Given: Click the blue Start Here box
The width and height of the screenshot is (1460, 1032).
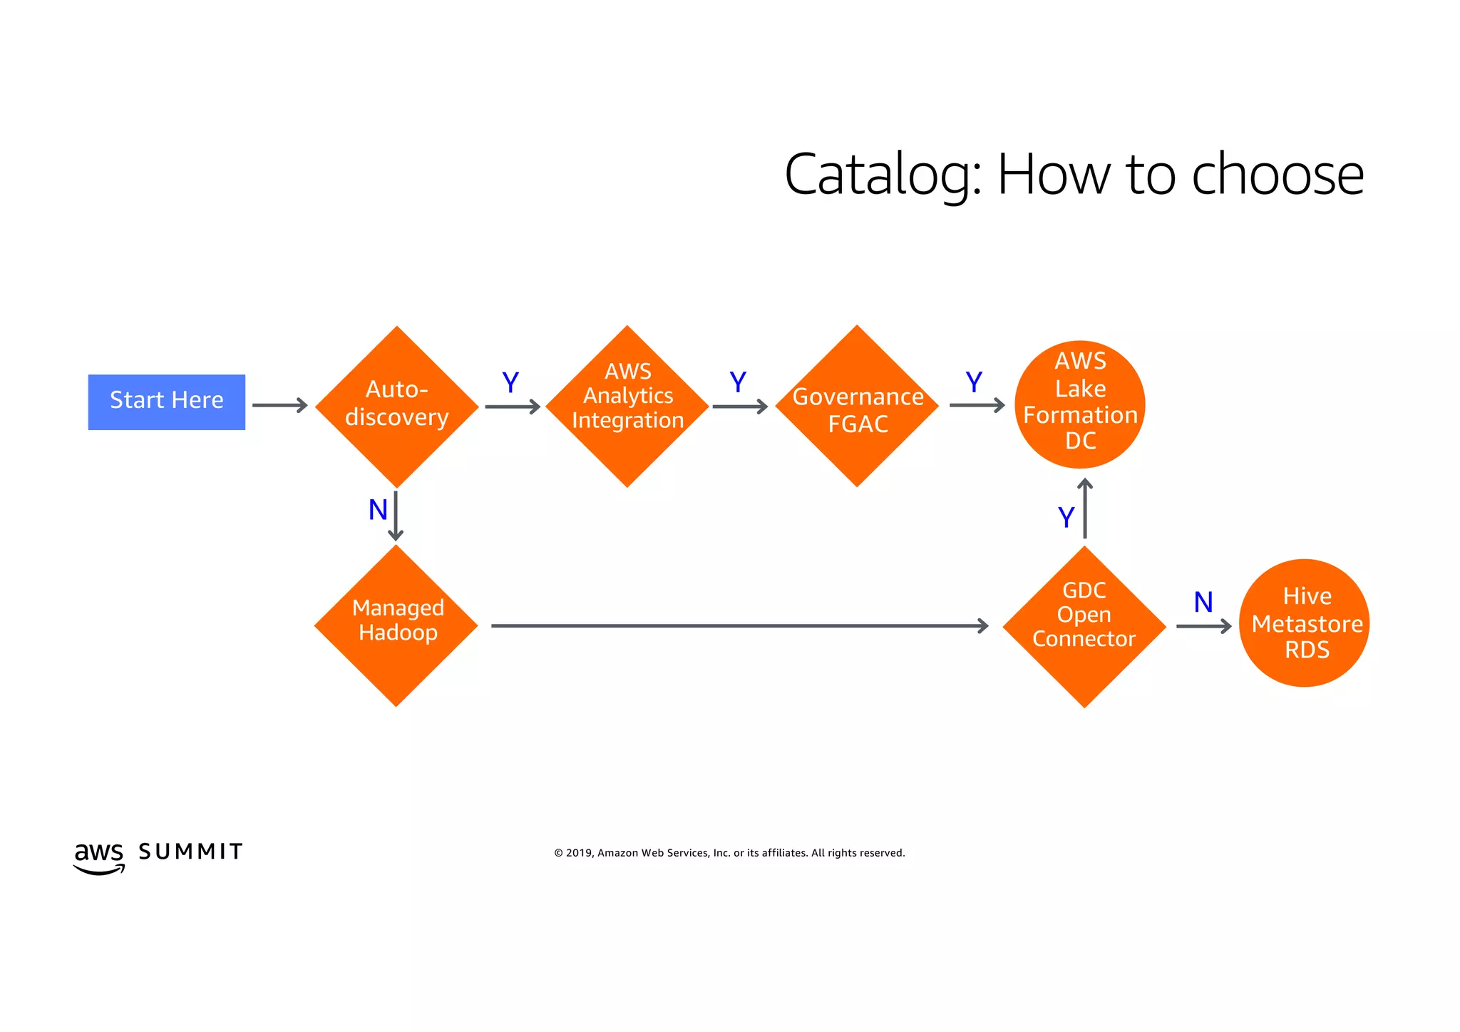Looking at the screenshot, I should [x=166, y=402].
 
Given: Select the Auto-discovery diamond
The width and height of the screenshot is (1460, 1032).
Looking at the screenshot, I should [x=396, y=407].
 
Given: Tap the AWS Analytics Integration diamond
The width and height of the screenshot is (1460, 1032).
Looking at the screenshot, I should [x=627, y=406].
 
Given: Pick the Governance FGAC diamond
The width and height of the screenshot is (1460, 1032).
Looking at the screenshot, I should [x=857, y=407].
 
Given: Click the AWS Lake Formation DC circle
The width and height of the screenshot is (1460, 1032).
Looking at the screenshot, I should [x=1080, y=404].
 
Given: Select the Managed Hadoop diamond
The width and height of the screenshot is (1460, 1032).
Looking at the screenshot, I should [x=396, y=625].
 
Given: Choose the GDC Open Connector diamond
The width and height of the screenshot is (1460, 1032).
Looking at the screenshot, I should [x=1084, y=626].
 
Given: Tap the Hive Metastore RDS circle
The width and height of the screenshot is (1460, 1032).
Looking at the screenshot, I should [x=1304, y=623].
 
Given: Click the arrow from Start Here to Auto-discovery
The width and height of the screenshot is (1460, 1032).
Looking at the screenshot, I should [x=279, y=405].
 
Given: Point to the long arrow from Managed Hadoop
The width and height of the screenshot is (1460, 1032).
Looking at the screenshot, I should [x=739, y=625].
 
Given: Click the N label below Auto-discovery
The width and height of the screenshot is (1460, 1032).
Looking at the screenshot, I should [x=378, y=510].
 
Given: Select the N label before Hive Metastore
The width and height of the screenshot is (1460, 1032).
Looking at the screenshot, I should [x=1203, y=602].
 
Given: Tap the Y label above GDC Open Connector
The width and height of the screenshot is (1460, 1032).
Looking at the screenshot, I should [x=1066, y=517].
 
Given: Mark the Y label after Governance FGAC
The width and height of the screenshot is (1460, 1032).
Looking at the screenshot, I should [x=974, y=382].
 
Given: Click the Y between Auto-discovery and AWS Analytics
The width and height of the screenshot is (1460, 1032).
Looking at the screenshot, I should [x=510, y=383].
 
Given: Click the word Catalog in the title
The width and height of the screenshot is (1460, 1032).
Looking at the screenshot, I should [x=883, y=175].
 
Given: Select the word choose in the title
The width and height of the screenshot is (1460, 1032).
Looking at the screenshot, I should [x=1277, y=175].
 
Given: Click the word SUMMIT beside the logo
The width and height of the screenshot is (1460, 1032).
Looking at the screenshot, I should [x=190, y=852].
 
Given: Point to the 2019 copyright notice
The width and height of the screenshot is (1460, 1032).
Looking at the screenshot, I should [x=729, y=853].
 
